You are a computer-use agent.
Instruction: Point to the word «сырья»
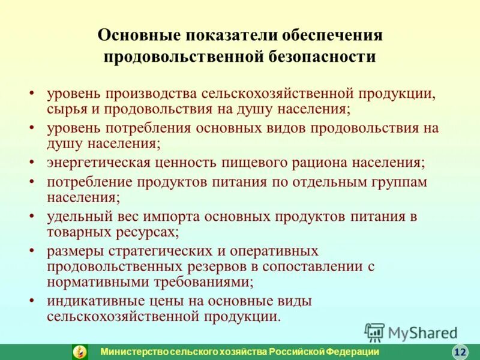click(69, 109)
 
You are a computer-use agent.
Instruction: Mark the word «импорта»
click(178, 216)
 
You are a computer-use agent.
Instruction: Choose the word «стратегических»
click(152, 250)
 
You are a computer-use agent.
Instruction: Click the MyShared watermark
click(410, 332)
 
